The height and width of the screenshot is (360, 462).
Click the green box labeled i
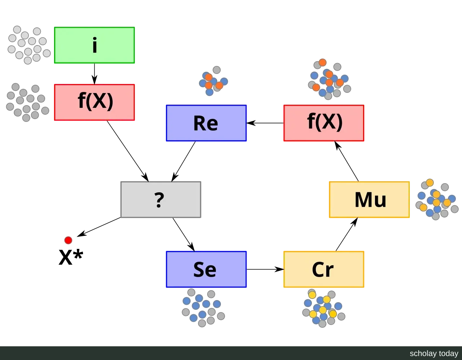coord(95,45)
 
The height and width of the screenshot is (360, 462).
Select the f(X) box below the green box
coord(95,102)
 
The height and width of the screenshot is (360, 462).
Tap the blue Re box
coord(206,123)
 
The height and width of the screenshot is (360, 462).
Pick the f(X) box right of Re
coord(324,123)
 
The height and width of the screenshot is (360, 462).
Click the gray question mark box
coord(161,199)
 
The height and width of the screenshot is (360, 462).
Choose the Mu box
coord(369,199)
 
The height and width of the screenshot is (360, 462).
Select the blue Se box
coord(206,269)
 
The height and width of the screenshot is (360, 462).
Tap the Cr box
coord(324,269)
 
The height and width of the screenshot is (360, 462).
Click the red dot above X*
coord(68,240)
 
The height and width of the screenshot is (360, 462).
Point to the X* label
coord(71,257)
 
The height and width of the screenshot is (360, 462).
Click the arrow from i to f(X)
coord(95,74)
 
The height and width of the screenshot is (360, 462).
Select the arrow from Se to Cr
coord(265,269)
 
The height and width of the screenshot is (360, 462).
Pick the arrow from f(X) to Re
coord(265,123)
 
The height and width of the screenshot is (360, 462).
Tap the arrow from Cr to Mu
coord(347,234)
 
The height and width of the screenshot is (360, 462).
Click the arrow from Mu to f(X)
coord(346,161)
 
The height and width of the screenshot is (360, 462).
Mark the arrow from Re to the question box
coord(183,161)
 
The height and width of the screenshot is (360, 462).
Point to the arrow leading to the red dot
coord(99,227)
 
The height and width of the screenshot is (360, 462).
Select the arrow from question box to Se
coord(183,234)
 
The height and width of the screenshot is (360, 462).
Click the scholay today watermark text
coord(434,354)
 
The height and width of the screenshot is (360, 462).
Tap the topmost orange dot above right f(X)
coord(323,62)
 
